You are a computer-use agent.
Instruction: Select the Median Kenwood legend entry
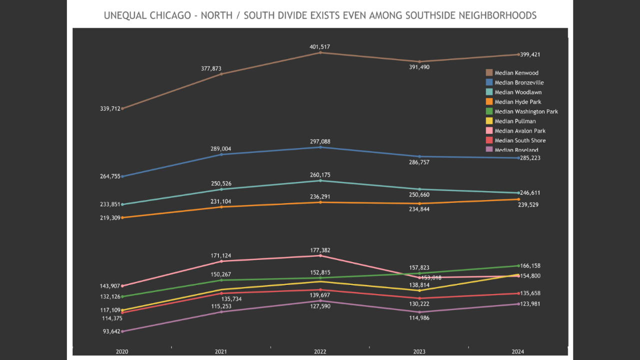click(x=516, y=73)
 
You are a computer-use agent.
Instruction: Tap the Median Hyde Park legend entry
click(x=517, y=102)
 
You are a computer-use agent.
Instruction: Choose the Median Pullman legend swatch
click(x=489, y=121)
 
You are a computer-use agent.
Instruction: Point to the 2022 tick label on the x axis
click(x=320, y=352)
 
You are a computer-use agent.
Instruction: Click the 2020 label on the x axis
click(x=122, y=352)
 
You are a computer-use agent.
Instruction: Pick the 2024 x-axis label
click(x=518, y=352)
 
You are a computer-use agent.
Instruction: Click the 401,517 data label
click(x=320, y=47)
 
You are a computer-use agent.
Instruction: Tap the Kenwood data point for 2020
click(x=122, y=108)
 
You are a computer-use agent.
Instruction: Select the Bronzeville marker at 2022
click(x=320, y=147)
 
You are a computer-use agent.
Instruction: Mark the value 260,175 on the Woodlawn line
click(x=320, y=175)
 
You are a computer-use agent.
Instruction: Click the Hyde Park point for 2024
click(x=518, y=199)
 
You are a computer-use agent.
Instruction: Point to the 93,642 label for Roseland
click(x=110, y=331)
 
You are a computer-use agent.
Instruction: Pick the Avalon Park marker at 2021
click(x=221, y=261)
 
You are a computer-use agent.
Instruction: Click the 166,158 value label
click(x=530, y=266)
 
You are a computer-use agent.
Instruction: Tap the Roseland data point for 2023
click(x=419, y=312)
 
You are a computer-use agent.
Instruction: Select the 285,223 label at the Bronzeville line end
click(x=530, y=158)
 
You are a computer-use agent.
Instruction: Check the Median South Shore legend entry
click(x=520, y=140)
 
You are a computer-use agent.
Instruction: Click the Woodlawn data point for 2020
click(x=122, y=204)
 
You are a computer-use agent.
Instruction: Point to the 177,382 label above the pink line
click(x=320, y=250)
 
